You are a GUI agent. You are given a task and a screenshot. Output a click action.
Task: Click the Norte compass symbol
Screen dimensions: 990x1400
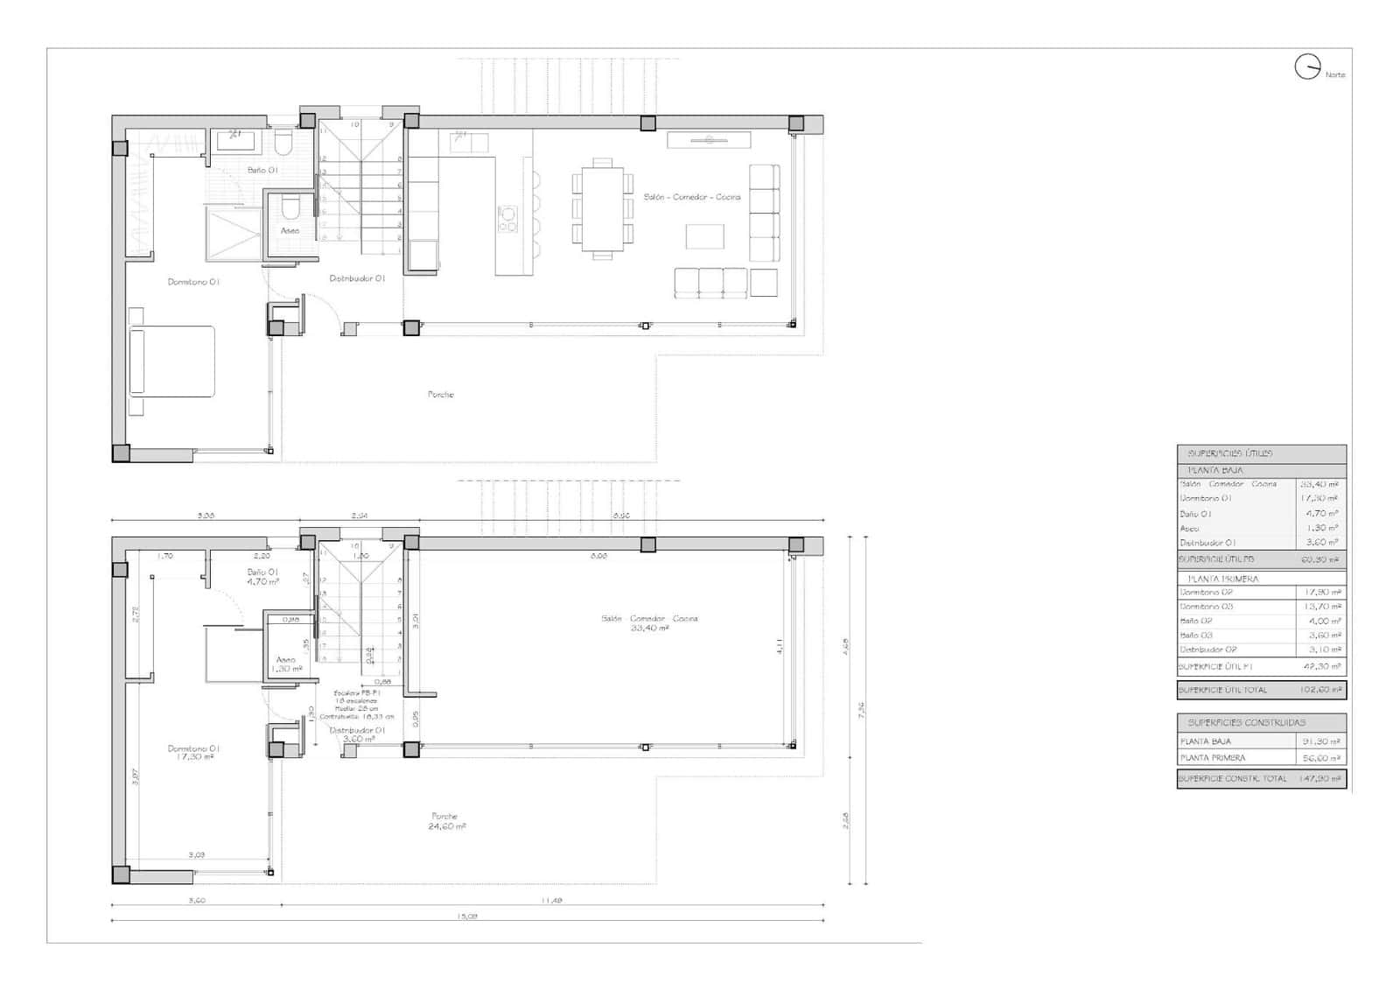1307,67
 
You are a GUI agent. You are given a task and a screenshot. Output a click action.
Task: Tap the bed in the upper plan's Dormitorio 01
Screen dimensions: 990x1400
172,361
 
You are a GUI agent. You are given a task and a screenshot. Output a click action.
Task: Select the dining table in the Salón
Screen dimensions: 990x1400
602,208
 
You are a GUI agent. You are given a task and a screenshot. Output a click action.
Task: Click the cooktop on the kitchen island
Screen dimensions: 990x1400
507,218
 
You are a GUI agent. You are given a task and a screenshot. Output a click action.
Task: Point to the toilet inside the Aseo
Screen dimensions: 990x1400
290,207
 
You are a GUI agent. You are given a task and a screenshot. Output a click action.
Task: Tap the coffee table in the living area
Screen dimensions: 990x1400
704,236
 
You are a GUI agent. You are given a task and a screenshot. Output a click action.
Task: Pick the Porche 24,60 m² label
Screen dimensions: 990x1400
446,821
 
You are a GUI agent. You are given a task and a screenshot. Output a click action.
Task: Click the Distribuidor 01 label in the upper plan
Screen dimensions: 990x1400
357,278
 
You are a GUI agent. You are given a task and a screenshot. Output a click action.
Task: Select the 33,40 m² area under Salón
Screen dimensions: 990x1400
649,628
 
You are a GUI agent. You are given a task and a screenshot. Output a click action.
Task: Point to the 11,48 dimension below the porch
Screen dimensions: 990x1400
551,900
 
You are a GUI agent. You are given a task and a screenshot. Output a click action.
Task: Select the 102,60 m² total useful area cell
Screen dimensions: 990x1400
1320,690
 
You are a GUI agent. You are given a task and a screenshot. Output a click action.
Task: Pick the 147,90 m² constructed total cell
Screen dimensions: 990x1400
1320,778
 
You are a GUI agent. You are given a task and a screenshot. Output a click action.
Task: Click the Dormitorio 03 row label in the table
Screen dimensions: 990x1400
1207,607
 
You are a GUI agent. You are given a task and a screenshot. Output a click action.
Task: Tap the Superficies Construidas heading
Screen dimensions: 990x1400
1247,722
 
